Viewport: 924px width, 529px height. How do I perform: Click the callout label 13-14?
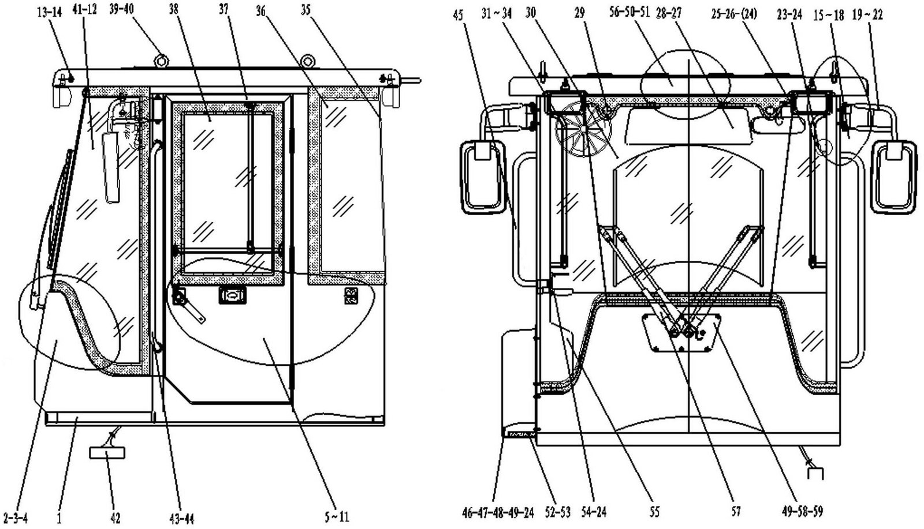tap(50, 12)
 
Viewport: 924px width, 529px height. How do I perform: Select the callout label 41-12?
tap(84, 9)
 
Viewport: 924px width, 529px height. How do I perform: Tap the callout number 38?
tap(174, 9)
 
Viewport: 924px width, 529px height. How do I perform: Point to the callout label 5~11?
tap(337, 517)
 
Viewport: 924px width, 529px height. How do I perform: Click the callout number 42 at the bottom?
tap(115, 517)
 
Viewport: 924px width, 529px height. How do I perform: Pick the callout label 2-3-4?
tap(15, 518)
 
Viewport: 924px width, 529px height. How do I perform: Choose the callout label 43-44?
tap(181, 518)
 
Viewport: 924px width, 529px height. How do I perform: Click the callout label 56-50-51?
tap(629, 12)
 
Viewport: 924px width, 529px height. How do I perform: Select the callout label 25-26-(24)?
tap(734, 14)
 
